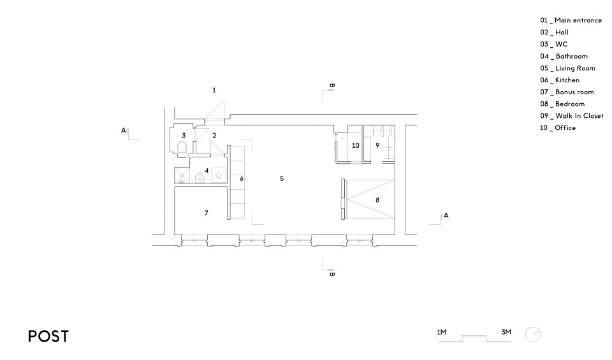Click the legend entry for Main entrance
[571, 20]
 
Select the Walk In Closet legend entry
[572, 116]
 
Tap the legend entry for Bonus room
[567, 92]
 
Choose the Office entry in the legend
[558, 127]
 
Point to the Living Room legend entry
[568, 68]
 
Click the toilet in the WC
[182, 147]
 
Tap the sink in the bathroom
[200, 178]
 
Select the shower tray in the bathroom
[182, 175]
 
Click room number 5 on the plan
[282, 178]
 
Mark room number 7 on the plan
[207, 213]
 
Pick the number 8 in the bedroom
[377, 200]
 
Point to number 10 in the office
[356, 145]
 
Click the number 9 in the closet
[377, 145]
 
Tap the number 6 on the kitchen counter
[242, 178]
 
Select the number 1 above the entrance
[214, 90]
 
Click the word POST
[48, 336]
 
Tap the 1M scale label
[442, 333]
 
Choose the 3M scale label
[506, 333]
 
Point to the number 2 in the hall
[214, 136]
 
